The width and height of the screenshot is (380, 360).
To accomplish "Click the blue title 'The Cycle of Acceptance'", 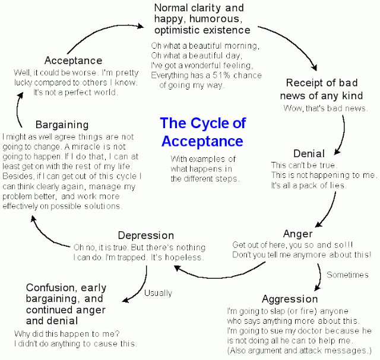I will click(202, 132).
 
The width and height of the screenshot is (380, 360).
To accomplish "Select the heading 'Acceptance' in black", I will click(73, 60).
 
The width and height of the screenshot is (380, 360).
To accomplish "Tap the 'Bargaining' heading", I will click(62, 125).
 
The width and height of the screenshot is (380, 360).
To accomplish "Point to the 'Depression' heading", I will click(146, 235).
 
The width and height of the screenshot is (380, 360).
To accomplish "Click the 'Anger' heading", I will click(297, 233).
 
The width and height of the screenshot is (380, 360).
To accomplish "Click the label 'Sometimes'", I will click(348, 275).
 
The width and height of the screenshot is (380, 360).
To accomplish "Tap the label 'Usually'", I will click(158, 293).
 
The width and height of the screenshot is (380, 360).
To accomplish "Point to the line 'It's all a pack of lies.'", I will click(316, 186).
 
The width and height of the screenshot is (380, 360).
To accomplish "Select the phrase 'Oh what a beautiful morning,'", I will click(205, 46).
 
